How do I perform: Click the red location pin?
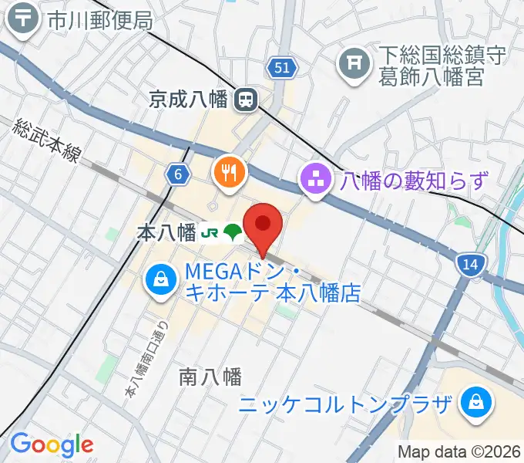point(263,225)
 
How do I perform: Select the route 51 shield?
point(283,69)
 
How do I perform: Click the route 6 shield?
point(178,175)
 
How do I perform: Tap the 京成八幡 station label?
point(188,99)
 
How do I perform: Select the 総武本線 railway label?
point(47,139)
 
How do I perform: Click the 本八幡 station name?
point(166,232)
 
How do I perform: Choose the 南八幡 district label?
point(210,377)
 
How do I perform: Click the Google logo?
point(52,444)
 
